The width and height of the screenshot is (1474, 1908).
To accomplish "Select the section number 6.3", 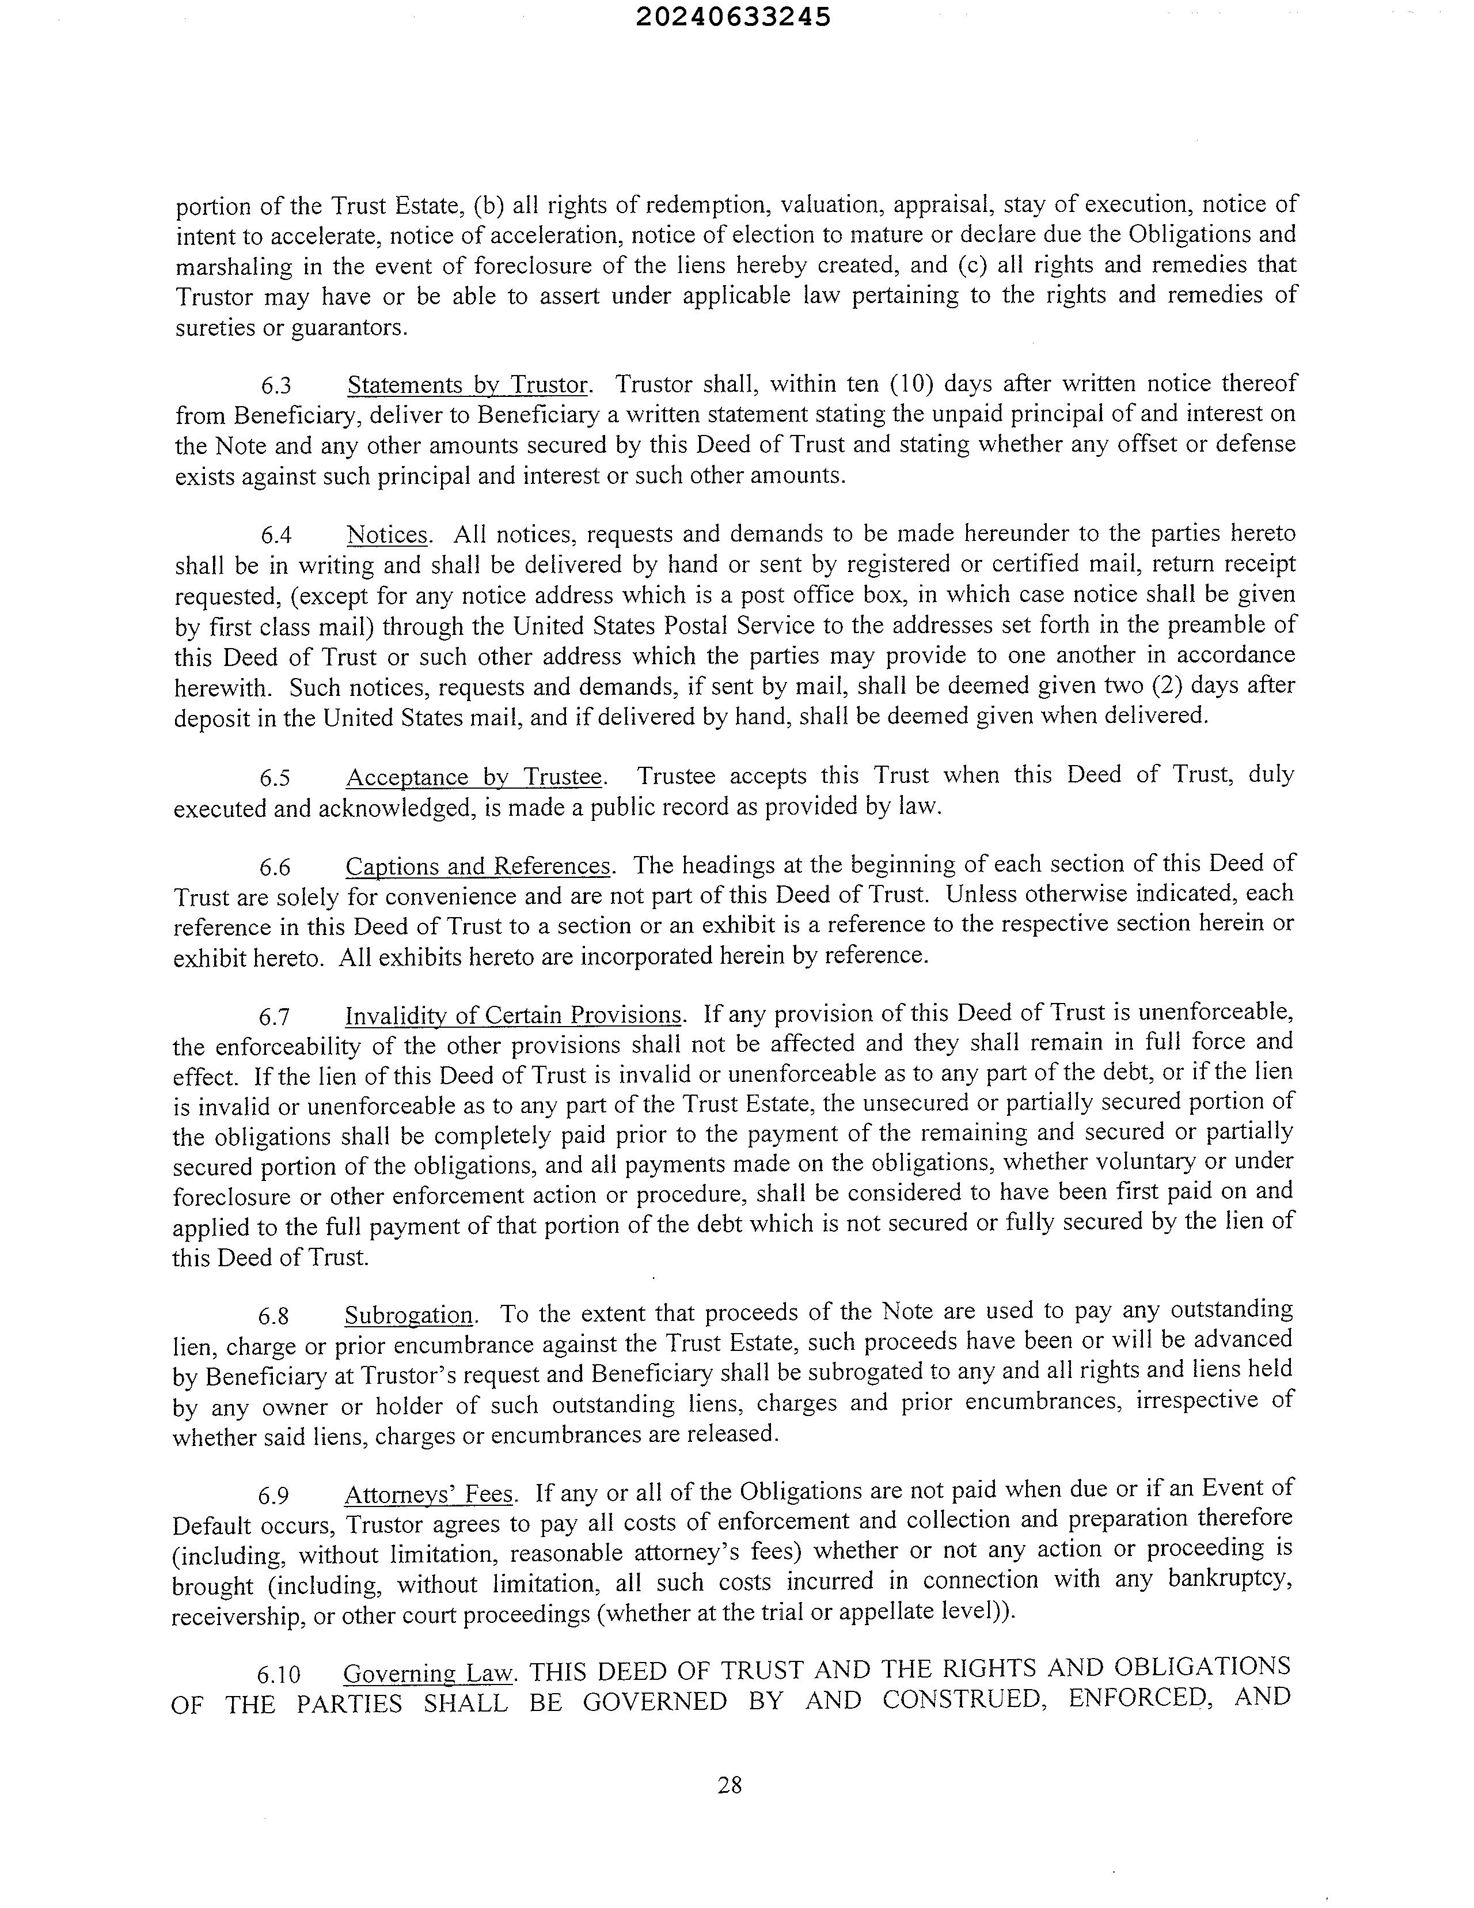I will tap(276, 386).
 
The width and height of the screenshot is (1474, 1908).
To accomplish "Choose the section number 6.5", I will tap(275, 778).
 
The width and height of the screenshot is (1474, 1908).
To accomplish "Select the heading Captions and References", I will tap(478, 866).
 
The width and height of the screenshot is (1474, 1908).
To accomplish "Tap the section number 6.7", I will tap(274, 1017).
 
